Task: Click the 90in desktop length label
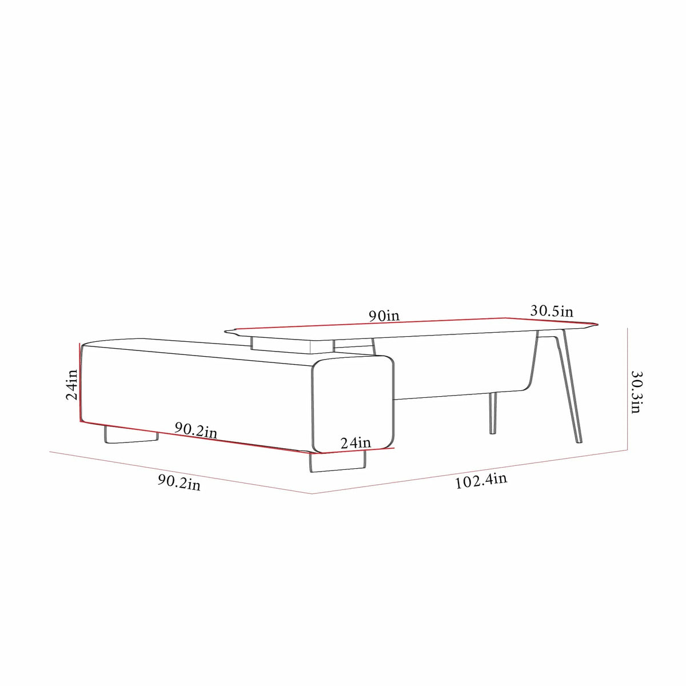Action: click(384, 315)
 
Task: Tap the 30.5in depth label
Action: click(552, 311)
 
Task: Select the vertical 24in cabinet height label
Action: click(71, 384)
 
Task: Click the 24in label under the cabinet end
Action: click(356, 442)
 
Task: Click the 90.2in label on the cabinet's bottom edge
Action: click(196, 430)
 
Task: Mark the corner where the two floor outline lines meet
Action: click(312, 494)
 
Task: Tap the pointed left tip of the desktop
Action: click(227, 330)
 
